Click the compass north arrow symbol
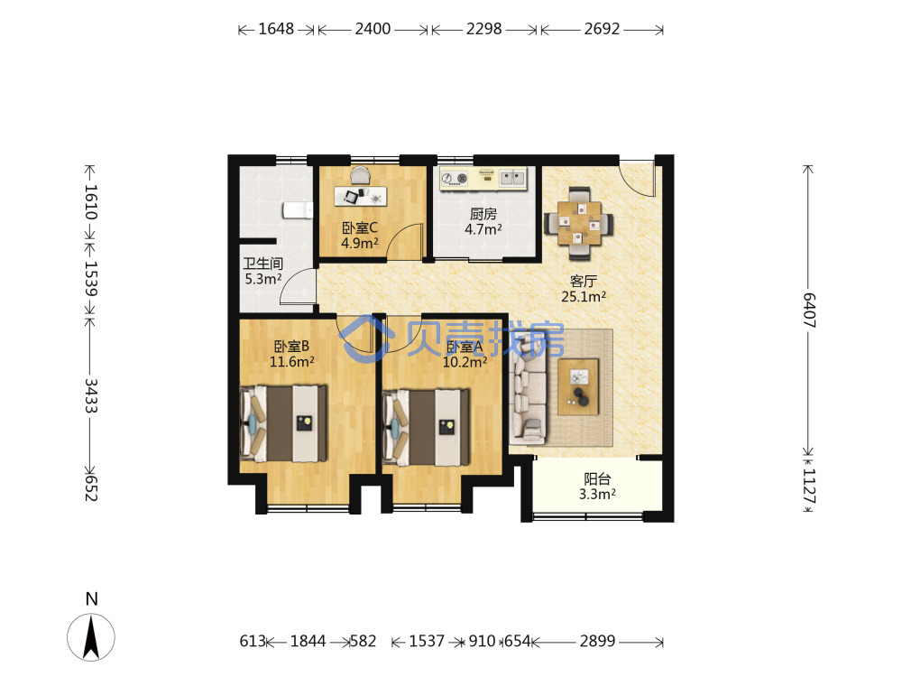pos(91,636)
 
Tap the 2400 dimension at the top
pos(373,29)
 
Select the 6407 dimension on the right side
pos(809,311)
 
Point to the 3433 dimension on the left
pos(91,395)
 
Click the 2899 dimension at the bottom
pos(597,641)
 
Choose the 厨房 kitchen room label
pos(483,214)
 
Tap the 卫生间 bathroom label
pos(262,264)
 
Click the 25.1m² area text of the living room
pos(584,296)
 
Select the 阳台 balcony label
pos(597,479)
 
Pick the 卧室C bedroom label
pos(360,228)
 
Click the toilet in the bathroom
pos(297,210)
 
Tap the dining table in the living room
pos(579,223)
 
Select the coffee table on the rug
pos(578,387)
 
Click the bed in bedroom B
pos(283,423)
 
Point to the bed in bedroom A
pos(426,428)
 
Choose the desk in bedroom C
pos(360,197)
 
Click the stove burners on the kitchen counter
pos(455,179)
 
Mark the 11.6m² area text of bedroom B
pos(292,362)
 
